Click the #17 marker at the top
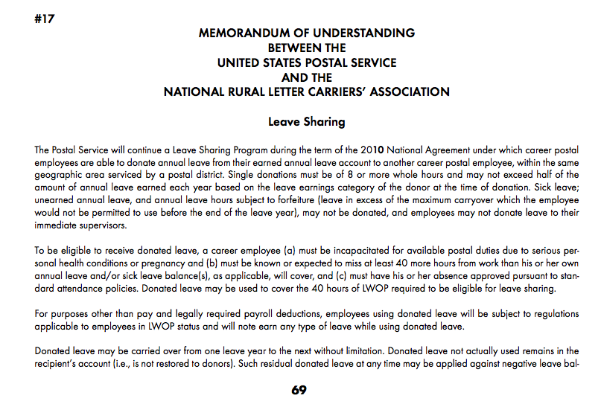click(x=45, y=19)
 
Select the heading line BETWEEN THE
click(x=307, y=48)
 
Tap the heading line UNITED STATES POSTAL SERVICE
click(x=307, y=63)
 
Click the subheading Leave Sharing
click(x=307, y=121)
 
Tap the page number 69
click(x=299, y=390)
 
